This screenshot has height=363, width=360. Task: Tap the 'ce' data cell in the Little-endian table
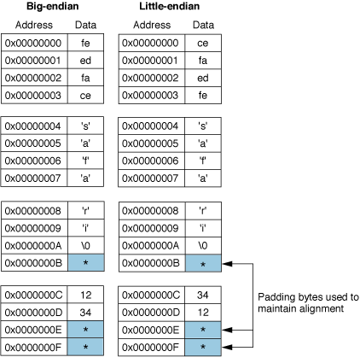tap(202, 42)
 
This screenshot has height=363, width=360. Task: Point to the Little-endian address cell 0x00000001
tap(150, 59)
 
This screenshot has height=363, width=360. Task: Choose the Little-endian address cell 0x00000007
tap(150, 177)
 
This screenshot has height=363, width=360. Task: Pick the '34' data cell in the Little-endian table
tap(202, 295)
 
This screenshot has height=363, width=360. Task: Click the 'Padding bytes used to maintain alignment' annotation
tap(307, 302)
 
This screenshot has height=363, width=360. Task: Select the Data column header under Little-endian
tap(202, 25)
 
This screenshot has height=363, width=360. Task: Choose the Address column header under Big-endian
tap(34, 25)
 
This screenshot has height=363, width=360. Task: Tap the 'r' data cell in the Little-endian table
tap(202, 211)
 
